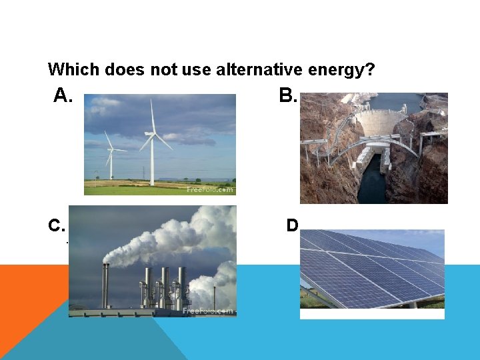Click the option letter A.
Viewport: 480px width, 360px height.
tap(62, 97)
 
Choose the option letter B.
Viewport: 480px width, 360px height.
tap(287, 97)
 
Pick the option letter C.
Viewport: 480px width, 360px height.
tap(56, 226)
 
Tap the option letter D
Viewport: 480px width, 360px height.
tap(292, 226)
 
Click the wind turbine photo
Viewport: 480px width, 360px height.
tap(160, 144)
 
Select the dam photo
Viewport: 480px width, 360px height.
tap(373, 148)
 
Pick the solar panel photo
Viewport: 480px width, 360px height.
tap(372, 274)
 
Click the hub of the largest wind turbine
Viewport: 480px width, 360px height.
tap(153, 133)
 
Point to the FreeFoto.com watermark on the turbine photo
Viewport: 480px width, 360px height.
tap(209, 189)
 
